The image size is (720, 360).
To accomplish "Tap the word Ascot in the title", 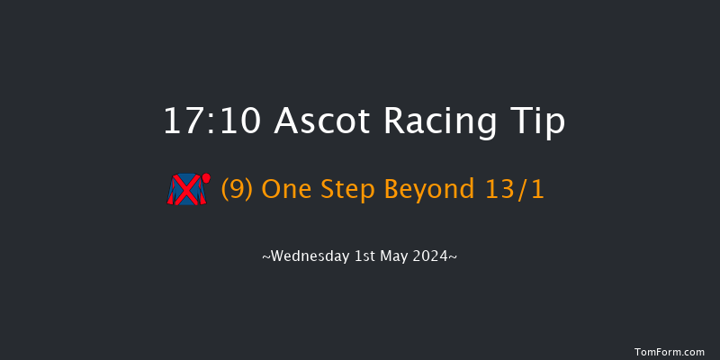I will pyautogui.click(x=314, y=121).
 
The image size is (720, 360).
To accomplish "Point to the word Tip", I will pyautogui.click(x=539, y=122).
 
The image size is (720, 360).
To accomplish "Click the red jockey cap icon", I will pyautogui.click(x=206, y=177).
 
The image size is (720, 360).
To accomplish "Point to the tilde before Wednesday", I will pyautogui.click(x=265, y=257).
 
